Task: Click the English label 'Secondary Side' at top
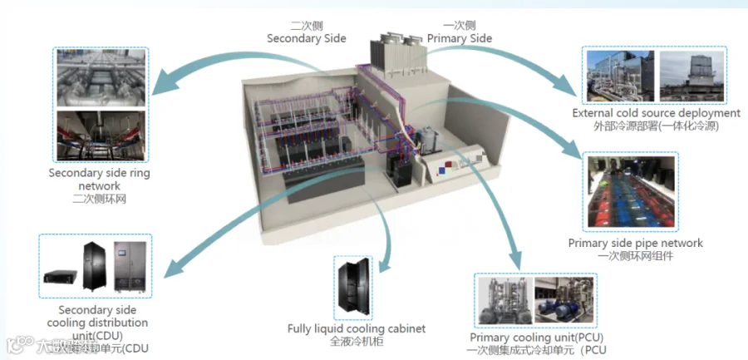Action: pyautogui.click(x=306, y=38)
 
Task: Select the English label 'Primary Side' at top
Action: pyautogui.click(x=459, y=38)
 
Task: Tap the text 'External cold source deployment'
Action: pyautogui.click(x=656, y=112)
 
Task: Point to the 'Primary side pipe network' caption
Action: pyautogui.click(x=635, y=243)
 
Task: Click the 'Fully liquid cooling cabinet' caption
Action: pyautogui.click(x=356, y=328)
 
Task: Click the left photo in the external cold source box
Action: pyautogui.click(x=618, y=76)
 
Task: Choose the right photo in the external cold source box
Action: pyautogui.click(x=691, y=76)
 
